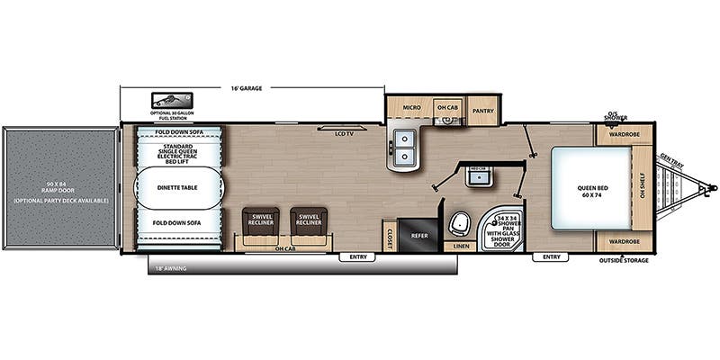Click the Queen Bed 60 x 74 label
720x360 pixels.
(x=590, y=192)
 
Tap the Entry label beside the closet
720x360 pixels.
(x=358, y=257)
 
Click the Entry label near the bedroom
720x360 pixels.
(x=551, y=257)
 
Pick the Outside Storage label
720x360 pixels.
(x=624, y=261)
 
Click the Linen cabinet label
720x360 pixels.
(x=461, y=245)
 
